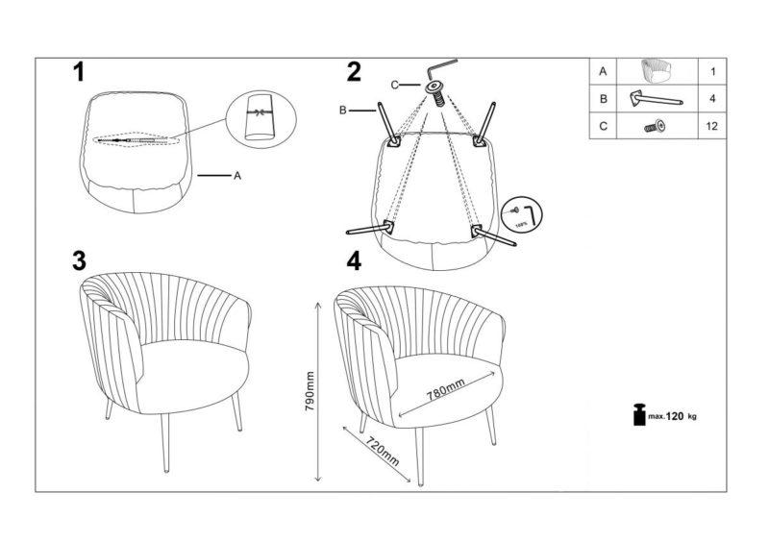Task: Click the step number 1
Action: click(x=80, y=72)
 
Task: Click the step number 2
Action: click(x=355, y=72)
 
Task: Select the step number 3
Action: click(x=80, y=261)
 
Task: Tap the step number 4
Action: click(x=355, y=261)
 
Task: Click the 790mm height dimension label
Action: click(x=310, y=391)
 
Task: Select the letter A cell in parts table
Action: click(x=603, y=72)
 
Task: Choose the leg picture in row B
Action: click(x=657, y=98)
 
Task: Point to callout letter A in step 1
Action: click(x=237, y=176)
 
